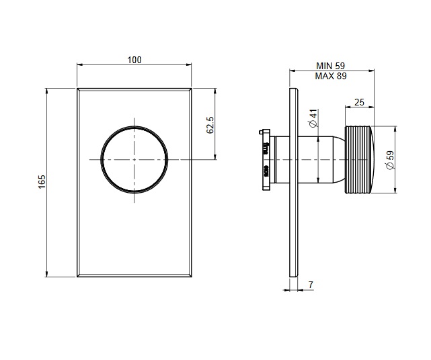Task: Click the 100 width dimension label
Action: pos(134,60)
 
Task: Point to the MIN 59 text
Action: pos(330,66)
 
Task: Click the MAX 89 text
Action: pos(330,77)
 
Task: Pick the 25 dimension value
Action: pos(358,102)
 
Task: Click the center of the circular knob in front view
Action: pos(134,159)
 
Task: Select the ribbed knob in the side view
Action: pos(359,159)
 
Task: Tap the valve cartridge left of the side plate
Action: pos(266,159)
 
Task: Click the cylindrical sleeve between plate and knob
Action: pos(321,159)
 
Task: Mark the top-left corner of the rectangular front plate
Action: pos(77,88)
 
